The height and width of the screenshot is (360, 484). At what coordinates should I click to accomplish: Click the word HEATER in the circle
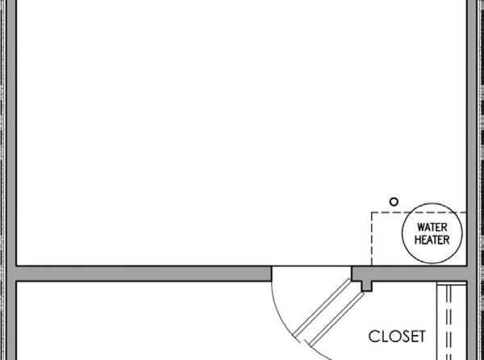tap(432, 240)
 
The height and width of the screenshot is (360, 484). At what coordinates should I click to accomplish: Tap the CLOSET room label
tap(397, 335)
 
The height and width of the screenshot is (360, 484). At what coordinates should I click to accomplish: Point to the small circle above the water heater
tap(394, 201)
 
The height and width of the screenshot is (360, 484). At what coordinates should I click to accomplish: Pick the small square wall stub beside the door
tap(367, 284)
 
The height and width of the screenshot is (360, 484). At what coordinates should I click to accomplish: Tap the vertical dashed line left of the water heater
tap(371, 238)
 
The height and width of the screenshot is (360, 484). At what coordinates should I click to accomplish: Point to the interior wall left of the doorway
tap(145, 273)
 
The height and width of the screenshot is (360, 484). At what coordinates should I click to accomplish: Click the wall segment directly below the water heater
tap(419, 273)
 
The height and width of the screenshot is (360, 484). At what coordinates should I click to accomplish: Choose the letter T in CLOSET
tap(420, 335)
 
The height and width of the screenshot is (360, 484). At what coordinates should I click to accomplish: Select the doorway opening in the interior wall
tap(311, 273)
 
